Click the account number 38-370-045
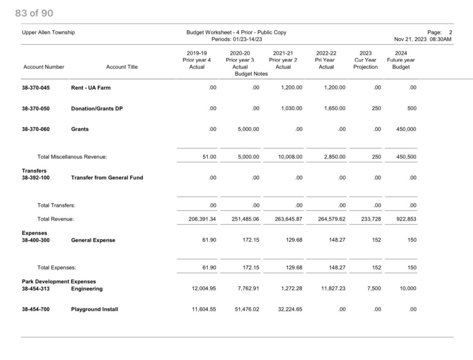point(36,88)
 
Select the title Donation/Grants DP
point(97,109)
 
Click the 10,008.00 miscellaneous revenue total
point(290,157)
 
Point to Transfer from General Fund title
point(107,178)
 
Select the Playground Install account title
point(94,310)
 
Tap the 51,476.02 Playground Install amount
point(247,310)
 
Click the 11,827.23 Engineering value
point(333,289)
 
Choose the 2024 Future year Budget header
point(400,60)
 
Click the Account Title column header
point(122,67)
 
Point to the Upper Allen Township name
point(48,32)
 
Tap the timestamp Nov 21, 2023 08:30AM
point(423,39)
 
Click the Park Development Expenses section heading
point(59,281)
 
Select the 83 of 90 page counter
point(34,13)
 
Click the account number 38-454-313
point(36,289)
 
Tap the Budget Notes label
point(251,74)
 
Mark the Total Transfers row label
point(56,206)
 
